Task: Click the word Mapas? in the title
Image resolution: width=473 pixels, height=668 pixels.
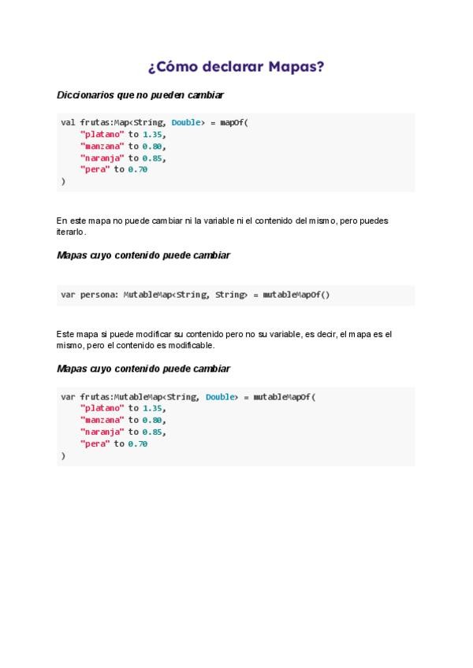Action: coord(296,67)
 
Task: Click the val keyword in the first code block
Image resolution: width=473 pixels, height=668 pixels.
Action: coord(68,122)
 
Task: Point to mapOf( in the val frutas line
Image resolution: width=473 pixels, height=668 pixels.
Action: coord(234,122)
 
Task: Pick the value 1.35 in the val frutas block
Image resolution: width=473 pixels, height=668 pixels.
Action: coord(153,134)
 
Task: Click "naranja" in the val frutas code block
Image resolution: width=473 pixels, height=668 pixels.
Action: coord(102,158)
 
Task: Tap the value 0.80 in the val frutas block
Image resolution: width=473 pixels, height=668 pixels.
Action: coord(153,146)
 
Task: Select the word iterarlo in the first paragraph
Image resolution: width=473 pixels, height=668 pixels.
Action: coord(71,232)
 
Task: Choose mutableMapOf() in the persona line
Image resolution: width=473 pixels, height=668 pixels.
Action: coord(296,295)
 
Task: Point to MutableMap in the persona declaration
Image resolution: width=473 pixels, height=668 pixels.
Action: coord(147,295)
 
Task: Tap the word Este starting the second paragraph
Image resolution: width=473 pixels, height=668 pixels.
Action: coord(66,334)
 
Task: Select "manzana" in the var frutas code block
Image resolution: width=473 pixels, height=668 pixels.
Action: coord(102,420)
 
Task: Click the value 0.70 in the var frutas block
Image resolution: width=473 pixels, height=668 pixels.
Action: coord(138,443)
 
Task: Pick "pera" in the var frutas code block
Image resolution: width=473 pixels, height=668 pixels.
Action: coord(95,443)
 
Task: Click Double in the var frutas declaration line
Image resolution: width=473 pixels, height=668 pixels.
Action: coord(220,397)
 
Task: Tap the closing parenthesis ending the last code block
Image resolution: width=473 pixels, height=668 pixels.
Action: coord(63,455)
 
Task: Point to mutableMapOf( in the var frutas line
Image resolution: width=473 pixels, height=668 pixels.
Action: coord(284,397)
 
